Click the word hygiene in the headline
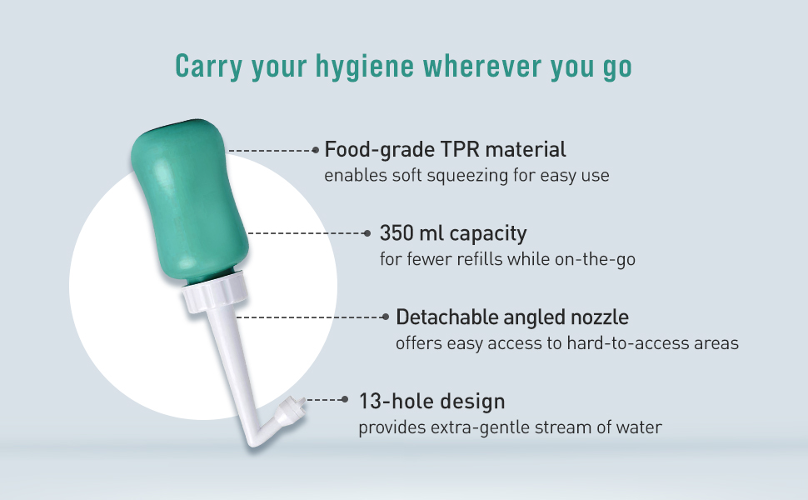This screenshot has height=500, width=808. pos(364,67)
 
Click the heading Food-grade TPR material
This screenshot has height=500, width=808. pos(445,149)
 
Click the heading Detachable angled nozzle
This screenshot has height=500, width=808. pos(512,317)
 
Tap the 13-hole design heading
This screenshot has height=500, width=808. pos(431,401)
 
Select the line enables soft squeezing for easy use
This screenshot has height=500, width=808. pos(466,175)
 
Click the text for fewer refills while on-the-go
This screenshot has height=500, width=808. pos(507,259)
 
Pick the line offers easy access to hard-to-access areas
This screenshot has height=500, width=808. pos(567,342)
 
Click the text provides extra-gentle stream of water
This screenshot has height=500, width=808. pos(510,427)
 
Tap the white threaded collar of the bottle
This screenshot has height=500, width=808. pos(215,292)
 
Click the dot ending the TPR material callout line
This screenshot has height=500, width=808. pos(316,150)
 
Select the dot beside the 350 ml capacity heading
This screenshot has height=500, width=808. pos(367,233)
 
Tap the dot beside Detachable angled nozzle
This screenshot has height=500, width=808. pos(386,317)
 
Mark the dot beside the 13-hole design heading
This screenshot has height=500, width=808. pos(345,399)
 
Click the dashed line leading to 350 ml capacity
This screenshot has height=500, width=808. pos(306,233)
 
